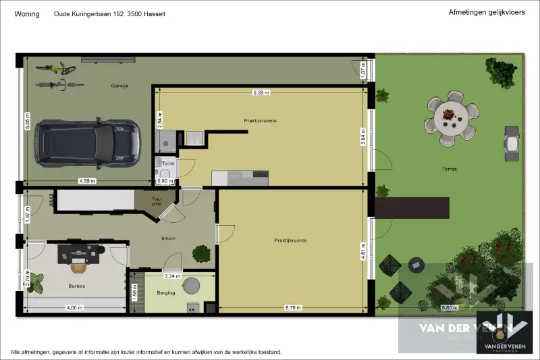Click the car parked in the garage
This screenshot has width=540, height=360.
point(88,143)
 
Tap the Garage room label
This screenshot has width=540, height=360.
point(120,86)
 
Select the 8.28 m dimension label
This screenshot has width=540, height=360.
point(261,92)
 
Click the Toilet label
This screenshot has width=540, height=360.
point(168,163)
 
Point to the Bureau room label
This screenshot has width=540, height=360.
point(77,286)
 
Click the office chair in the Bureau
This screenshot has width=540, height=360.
point(79,266)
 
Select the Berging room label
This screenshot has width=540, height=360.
point(165,292)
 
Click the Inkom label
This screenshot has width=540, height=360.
point(168,238)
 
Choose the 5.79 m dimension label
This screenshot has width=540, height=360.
point(293,308)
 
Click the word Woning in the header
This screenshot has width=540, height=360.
point(27,14)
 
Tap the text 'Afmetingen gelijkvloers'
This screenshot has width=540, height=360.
point(481,12)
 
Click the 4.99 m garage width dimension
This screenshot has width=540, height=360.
point(88,180)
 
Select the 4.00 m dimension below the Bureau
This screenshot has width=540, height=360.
point(74,308)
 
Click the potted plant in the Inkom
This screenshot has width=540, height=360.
point(201,253)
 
